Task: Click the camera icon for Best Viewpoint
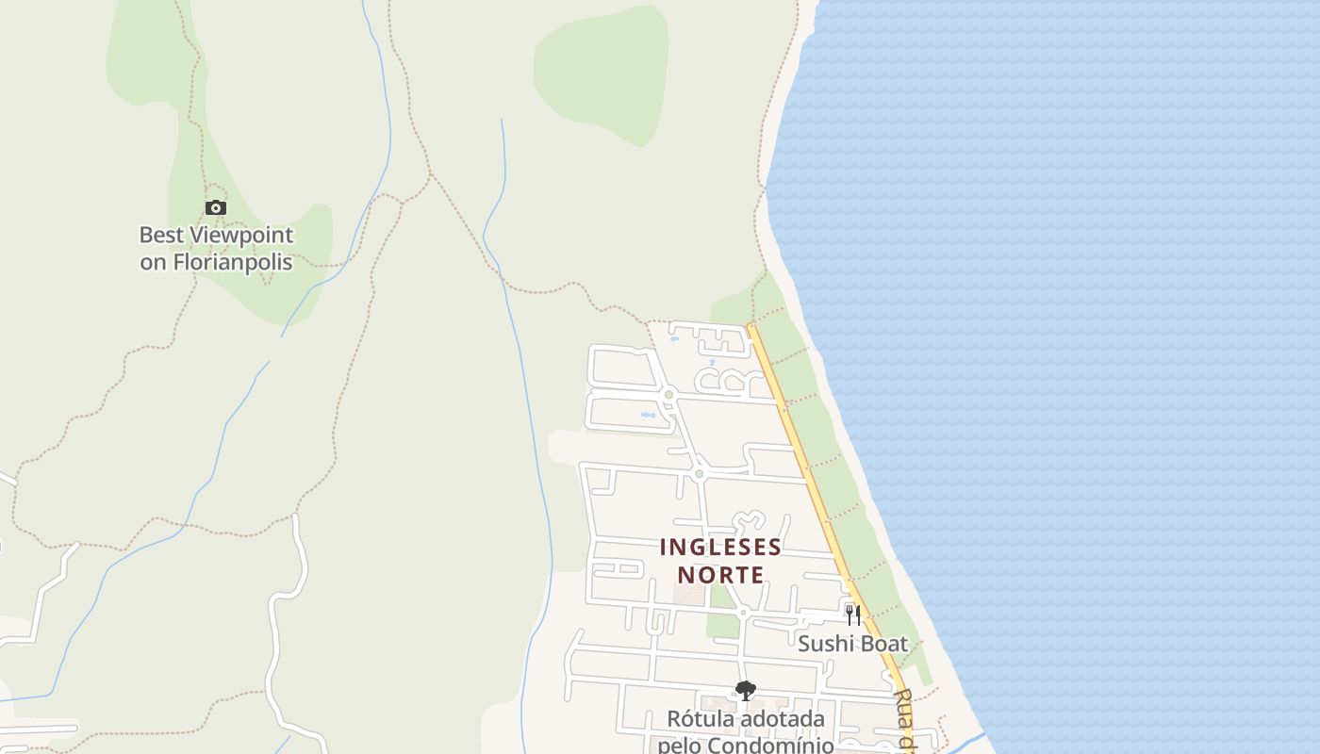(x=216, y=207)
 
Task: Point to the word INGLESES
(x=720, y=548)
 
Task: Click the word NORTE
(x=720, y=574)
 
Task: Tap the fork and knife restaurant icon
(x=852, y=615)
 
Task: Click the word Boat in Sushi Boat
(x=883, y=644)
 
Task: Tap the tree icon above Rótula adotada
(x=745, y=691)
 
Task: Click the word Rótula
(x=699, y=719)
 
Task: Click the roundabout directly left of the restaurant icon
(x=743, y=613)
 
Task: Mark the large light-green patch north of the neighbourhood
(x=603, y=71)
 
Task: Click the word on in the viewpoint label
(x=153, y=262)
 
